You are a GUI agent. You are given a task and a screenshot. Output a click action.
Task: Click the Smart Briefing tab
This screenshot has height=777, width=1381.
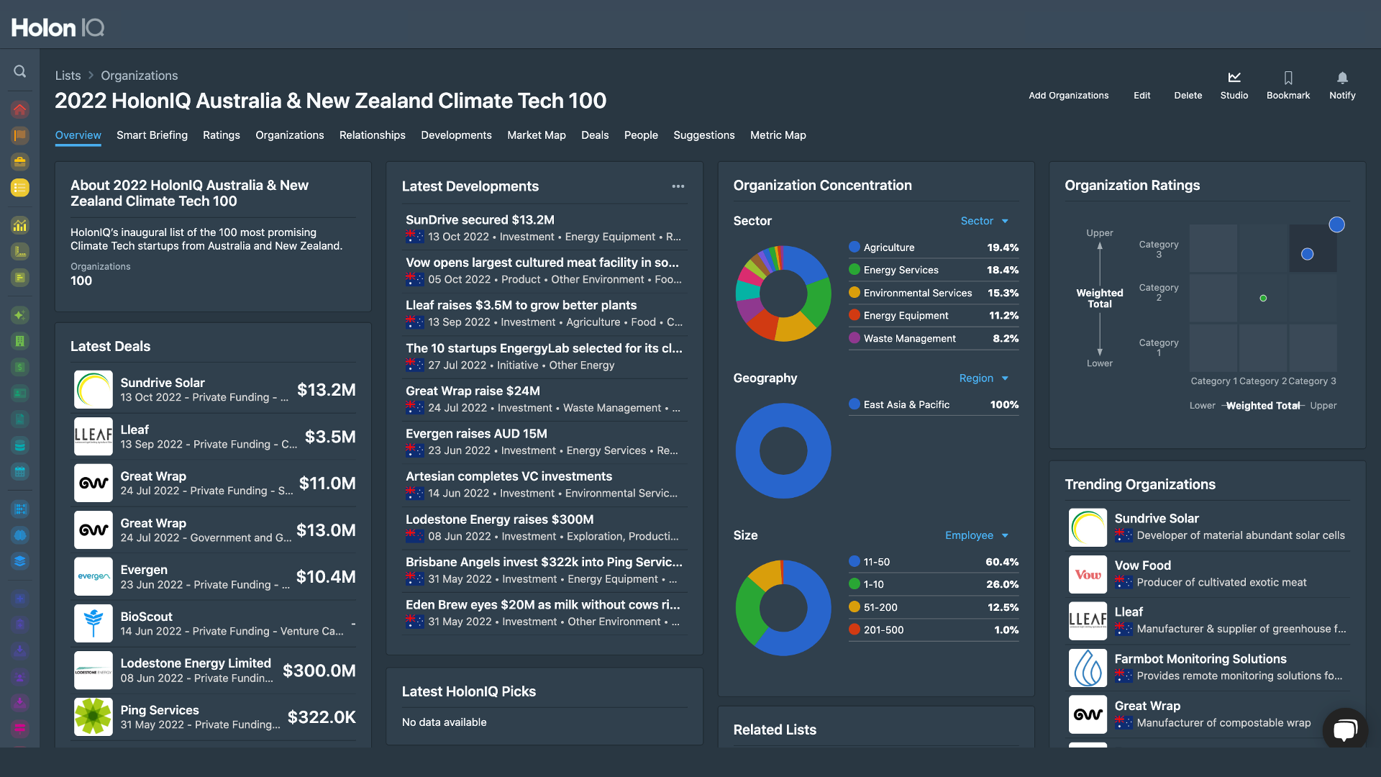pos(152,135)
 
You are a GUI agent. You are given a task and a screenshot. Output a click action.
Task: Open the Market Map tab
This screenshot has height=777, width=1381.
pos(536,135)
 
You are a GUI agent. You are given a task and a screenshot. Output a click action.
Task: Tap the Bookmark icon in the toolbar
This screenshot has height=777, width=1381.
pos(1287,78)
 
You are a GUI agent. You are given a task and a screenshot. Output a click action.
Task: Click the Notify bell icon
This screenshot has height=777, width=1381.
pos(1342,78)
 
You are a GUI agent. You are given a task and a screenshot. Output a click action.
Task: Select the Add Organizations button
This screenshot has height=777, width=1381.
pos(1068,95)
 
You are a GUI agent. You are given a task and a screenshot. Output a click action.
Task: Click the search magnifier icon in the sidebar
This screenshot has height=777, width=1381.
pos(20,71)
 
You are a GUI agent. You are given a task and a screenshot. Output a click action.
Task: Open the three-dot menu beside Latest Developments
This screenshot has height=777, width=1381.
pos(678,186)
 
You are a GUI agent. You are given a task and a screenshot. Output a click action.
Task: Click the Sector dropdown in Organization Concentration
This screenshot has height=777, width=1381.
pos(984,221)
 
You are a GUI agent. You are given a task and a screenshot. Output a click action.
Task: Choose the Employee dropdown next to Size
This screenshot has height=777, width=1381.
pos(976,535)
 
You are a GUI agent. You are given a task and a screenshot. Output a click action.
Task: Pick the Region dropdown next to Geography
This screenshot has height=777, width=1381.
pos(983,378)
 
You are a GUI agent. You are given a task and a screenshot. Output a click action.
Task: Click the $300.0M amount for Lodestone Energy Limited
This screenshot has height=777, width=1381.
pos(319,671)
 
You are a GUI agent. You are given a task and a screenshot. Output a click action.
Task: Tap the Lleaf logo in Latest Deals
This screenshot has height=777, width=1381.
pos(94,436)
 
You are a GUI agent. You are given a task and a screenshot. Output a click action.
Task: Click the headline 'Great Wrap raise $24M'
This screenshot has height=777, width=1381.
pos(473,391)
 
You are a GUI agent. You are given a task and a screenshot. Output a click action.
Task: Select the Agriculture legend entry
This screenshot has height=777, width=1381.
pos(888,247)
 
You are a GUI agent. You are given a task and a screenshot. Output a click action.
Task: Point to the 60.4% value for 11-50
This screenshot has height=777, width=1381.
pos(1002,562)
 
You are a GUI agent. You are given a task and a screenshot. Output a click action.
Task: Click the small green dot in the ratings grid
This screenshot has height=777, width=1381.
pos(1263,298)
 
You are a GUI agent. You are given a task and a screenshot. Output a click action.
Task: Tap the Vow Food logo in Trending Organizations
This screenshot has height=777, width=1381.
pos(1088,574)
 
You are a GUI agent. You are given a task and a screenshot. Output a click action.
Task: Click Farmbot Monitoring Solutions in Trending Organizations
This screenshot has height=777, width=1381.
pos(1200,659)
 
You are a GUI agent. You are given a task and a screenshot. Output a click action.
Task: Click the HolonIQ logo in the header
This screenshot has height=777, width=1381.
pos(58,27)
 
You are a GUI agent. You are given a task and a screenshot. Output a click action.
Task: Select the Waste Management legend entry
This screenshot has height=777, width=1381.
pos(909,338)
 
